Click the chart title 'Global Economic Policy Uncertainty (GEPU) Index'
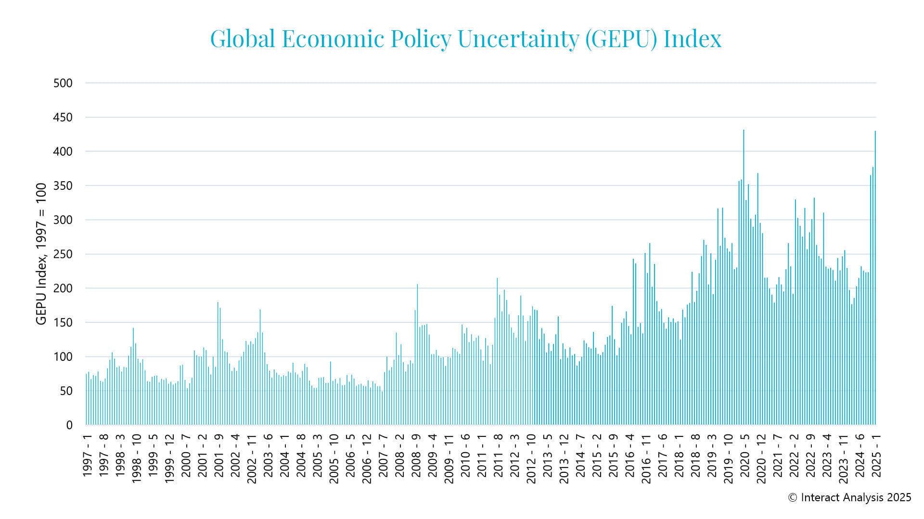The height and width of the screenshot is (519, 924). pyautogui.click(x=465, y=39)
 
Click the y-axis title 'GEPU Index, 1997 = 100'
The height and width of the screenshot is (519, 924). pyautogui.click(x=41, y=254)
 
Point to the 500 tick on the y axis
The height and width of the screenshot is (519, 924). pyautogui.click(x=63, y=83)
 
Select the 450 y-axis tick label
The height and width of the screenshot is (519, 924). pyautogui.click(x=63, y=117)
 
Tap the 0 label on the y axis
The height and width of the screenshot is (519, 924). pyautogui.click(x=69, y=425)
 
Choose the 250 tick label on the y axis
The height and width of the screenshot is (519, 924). pyautogui.click(x=63, y=254)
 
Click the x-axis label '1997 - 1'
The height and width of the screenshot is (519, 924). pyautogui.click(x=87, y=456)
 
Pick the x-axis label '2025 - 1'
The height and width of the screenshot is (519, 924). pyautogui.click(x=876, y=456)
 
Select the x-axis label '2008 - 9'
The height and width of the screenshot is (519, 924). pyautogui.click(x=416, y=456)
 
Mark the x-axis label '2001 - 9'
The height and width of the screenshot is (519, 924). pyautogui.click(x=219, y=456)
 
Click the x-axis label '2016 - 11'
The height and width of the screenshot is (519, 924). pyautogui.click(x=646, y=458)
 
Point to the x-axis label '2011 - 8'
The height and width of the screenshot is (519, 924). pyautogui.click(x=498, y=456)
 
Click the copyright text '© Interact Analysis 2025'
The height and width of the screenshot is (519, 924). pyautogui.click(x=849, y=498)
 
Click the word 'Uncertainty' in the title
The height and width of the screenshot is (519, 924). pyautogui.click(x=518, y=39)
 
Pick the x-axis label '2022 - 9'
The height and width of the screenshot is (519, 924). pyautogui.click(x=811, y=456)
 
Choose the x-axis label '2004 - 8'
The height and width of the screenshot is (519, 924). pyautogui.click(x=301, y=456)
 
